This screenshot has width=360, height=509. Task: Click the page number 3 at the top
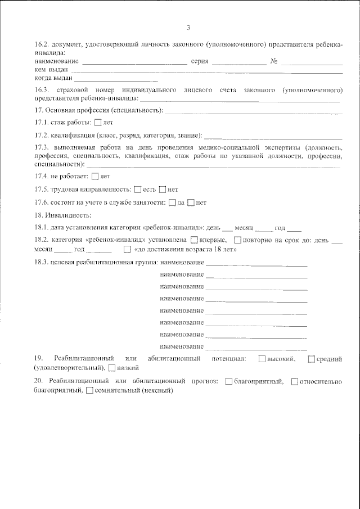(x=188, y=27)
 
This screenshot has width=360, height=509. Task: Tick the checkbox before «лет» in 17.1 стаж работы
(x=99, y=122)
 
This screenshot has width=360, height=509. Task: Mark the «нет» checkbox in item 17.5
(x=163, y=190)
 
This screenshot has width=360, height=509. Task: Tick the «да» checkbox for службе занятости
(x=173, y=202)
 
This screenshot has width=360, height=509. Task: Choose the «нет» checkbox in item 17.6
(x=191, y=202)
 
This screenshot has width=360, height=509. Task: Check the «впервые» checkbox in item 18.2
(x=194, y=241)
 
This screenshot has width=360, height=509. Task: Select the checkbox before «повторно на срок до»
(x=237, y=241)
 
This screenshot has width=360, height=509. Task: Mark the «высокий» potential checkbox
(x=263, y=359)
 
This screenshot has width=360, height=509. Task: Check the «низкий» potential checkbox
(x=111, y=368)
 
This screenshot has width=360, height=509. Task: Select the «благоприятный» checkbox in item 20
(x=228, y=382)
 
